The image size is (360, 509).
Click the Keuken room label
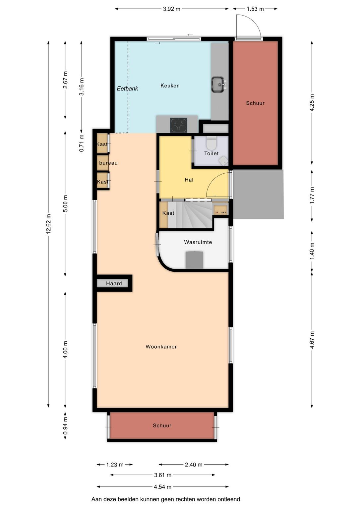[170, 86]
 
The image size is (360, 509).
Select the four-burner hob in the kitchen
[179, 125]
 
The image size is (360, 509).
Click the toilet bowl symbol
[211, 142]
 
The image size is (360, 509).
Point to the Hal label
[189, 180]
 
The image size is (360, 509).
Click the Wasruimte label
[198, 242]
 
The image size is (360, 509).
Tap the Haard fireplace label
[114, 284]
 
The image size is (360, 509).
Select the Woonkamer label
[161, 347]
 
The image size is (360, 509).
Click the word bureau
[108, 163]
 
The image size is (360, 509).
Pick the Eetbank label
[127, 88]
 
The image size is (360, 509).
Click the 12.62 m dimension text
[48, 224]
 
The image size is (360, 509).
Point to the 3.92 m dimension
[172, 9]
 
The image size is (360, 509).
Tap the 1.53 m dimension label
[255, 9]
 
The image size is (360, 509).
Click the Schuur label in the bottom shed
[162, 425]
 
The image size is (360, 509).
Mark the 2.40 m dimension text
[193, 465]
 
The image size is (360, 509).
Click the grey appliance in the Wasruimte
[194, 260]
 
